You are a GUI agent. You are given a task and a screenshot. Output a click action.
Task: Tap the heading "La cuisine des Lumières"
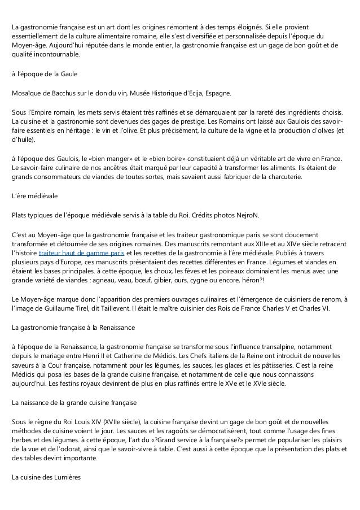47,478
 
